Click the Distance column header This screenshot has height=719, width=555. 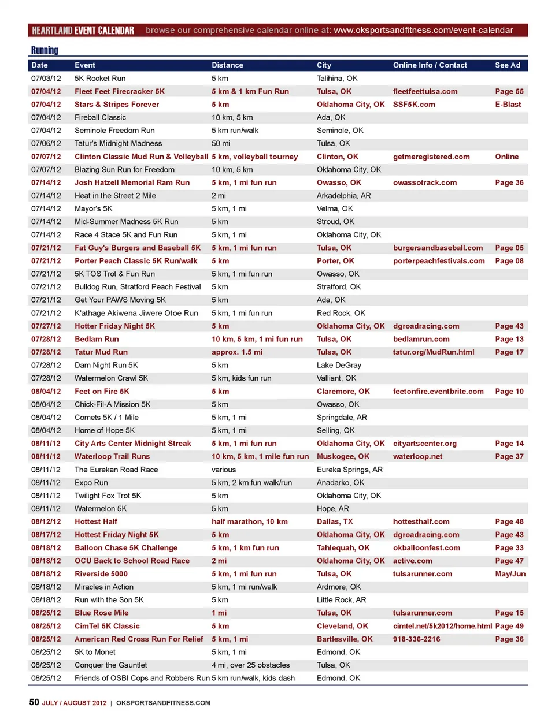coord(227,65)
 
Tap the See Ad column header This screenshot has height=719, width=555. coord(508,65)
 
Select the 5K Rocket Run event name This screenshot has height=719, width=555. coord(100,79)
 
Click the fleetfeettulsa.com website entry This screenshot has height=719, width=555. coord(425,91)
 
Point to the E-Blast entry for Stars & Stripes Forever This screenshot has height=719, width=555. coord(508,105)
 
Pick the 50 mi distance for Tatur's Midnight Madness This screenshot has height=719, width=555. coord(220,143)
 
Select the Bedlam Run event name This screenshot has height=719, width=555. coord(97,339)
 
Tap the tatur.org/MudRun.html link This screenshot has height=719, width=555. coord(434,352)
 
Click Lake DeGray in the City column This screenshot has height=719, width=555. coord(339,365)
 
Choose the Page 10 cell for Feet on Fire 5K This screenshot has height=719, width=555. coord(509,392)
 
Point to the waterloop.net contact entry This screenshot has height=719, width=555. coord(417,456)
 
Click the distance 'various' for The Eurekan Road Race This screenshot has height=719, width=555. coord(224,470)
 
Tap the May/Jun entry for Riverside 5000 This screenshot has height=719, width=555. coord(510,574)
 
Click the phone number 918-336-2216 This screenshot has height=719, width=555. coord(416,639)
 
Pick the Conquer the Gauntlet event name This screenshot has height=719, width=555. coord(111,665)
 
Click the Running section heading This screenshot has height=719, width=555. coord(45,50)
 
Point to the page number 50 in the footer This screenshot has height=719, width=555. coord(34,702)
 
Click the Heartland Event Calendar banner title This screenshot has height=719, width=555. coord(83,30)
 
